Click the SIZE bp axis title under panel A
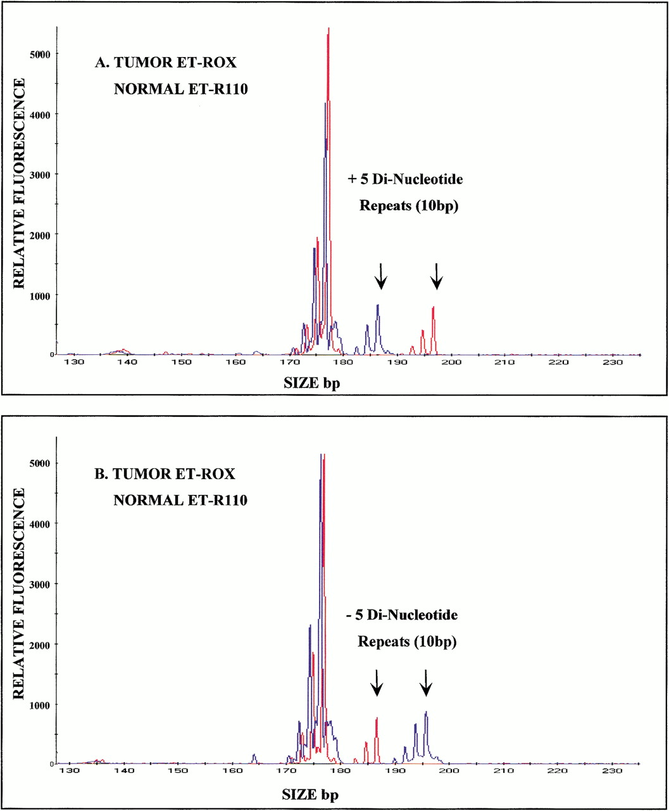(312, 384)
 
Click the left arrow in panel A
(380, 276)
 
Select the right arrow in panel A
(437, 276)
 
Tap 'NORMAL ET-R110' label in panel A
(180, 89)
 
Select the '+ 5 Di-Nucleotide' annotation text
(406, 179)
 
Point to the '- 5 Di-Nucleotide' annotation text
(401, 615)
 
